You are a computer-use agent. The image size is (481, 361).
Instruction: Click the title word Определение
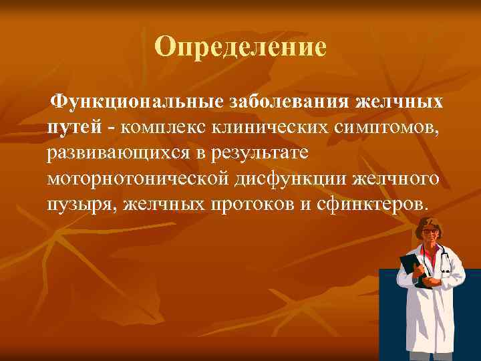240,47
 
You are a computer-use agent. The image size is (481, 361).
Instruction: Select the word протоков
247,204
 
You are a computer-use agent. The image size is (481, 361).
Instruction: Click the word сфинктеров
367,204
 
